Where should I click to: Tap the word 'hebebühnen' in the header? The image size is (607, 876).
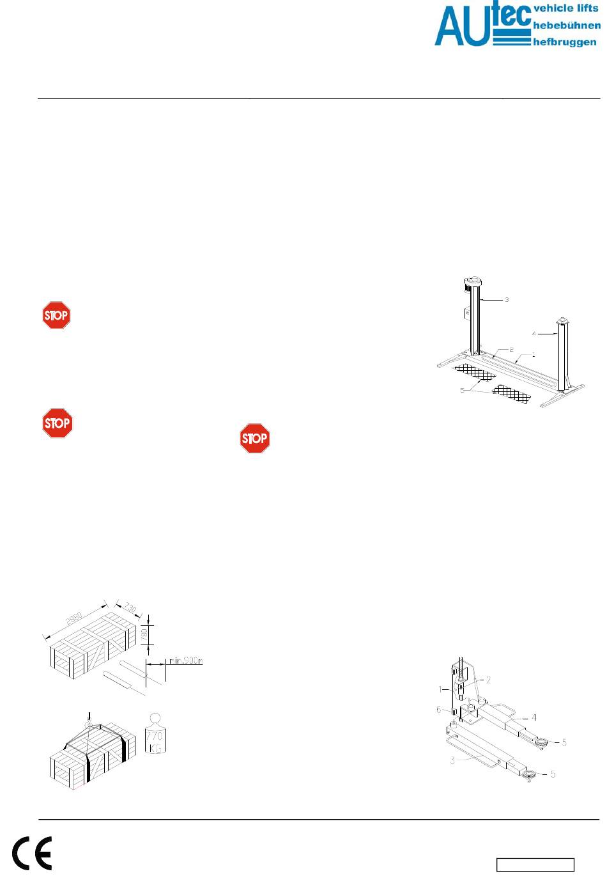[566, 26]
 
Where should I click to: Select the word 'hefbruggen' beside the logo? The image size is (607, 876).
[565, 42]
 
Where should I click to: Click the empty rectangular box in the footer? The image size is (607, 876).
[536, 864]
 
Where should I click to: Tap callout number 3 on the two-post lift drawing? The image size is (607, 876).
[507, 299]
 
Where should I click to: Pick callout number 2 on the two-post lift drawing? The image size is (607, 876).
[511, 350]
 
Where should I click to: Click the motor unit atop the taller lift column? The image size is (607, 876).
[473, 281]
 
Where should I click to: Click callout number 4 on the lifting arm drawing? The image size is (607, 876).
[534, 717]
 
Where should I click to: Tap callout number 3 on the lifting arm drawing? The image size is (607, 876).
[452, 760]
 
